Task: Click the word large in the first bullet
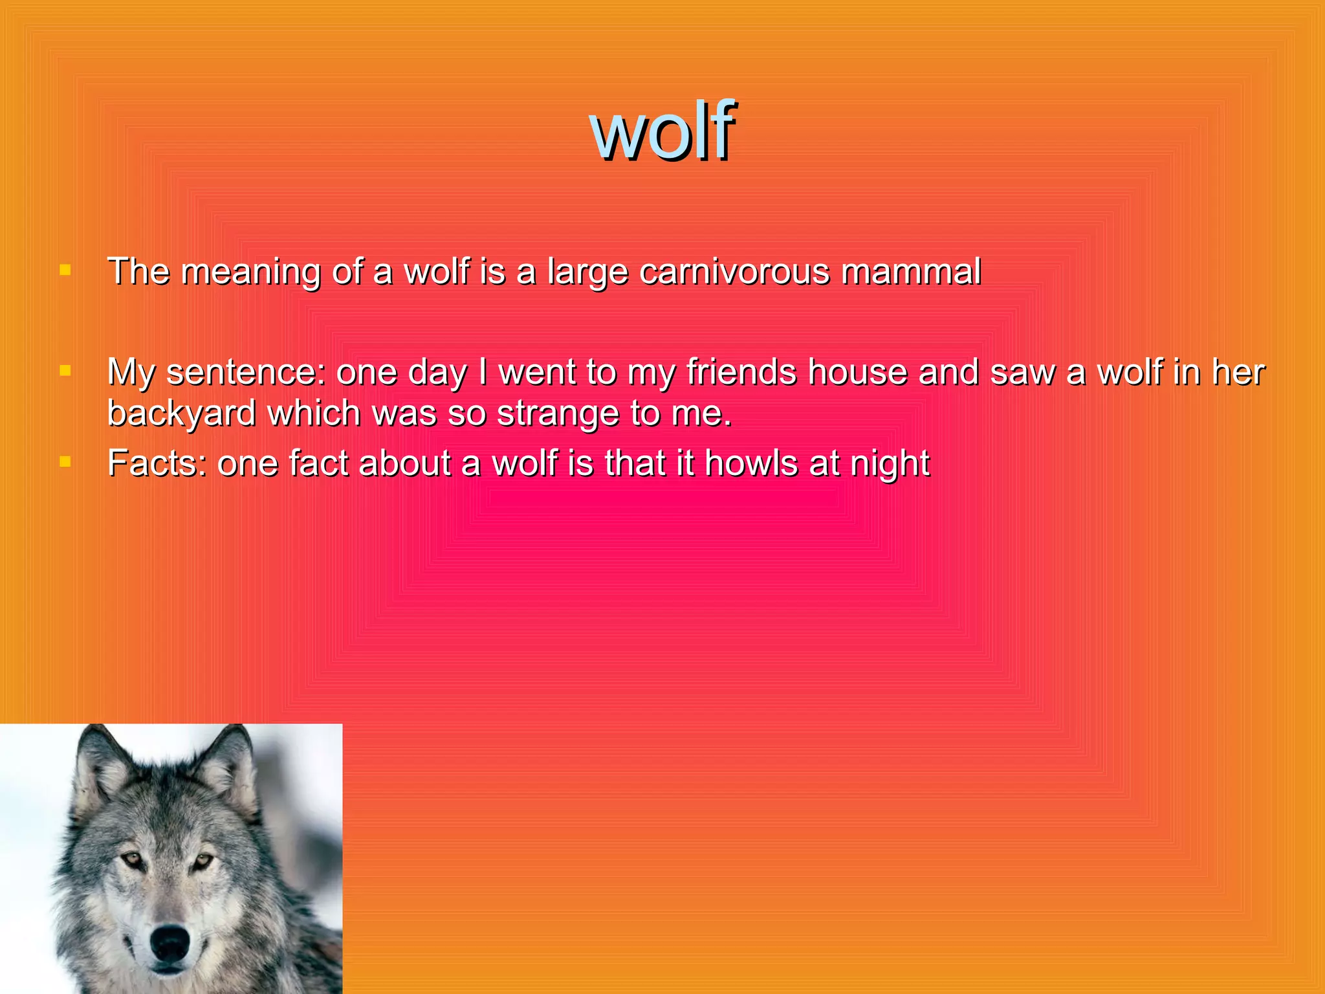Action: (587, 272)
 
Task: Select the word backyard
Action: (181, 414)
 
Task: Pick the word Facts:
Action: (157, 463)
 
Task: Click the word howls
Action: (750, 463)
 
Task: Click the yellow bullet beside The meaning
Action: (65, 270)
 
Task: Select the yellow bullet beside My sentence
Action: (65, 371)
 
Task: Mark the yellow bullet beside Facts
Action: (65, 462)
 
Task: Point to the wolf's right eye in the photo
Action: (202, 861)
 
